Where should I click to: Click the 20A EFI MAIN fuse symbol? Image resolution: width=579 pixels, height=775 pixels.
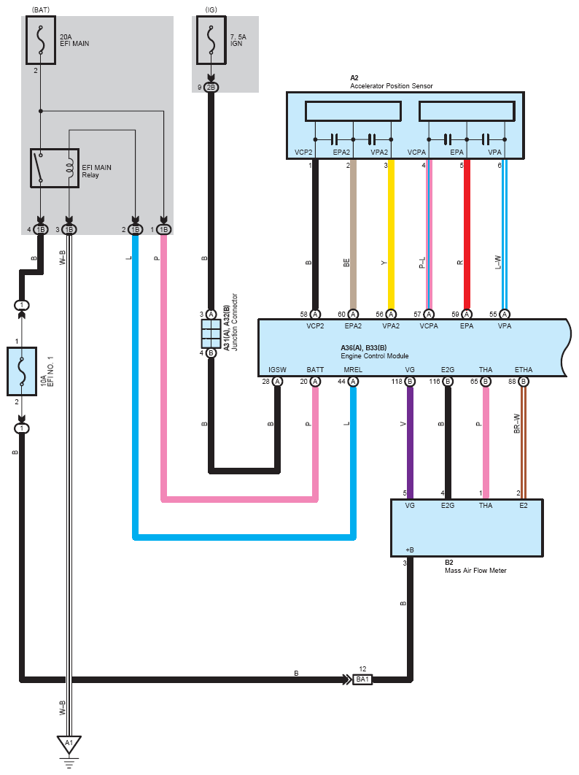click(41, 40)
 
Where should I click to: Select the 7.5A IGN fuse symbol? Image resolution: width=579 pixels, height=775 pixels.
click(211, 40)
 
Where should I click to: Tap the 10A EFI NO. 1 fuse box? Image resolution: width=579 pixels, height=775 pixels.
click(22, 371)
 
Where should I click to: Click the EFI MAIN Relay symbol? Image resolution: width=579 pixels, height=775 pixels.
click(55, 168)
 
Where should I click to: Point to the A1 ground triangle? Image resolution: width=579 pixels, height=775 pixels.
click(69, 744)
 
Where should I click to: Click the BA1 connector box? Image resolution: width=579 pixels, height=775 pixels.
click(362, 679)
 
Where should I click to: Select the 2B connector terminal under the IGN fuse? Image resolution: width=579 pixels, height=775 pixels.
click(211, 88)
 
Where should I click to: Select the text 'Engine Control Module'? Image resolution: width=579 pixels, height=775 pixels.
click(375, 356)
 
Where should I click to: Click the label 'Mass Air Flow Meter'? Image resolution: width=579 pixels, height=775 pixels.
click(475, 571)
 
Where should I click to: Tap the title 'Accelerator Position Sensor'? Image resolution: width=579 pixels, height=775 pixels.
click(392, 86)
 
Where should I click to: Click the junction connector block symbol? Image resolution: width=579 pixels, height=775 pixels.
click(211, 333)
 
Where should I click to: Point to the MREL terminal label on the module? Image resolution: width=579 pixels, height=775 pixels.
click(353, 370)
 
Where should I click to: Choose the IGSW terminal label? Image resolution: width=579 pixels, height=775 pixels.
click(277, 370)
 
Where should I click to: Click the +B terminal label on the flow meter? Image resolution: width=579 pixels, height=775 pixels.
click(410, 550)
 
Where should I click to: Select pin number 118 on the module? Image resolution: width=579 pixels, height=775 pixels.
click(397, 382)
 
